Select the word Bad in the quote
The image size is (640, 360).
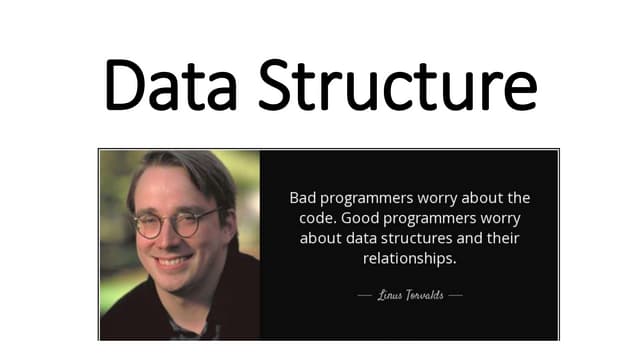tap(303, 198)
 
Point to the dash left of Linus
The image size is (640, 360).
tap(364, 296)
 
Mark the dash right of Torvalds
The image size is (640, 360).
tap(455, 296)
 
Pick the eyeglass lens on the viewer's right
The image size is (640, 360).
tap(201, 222)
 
